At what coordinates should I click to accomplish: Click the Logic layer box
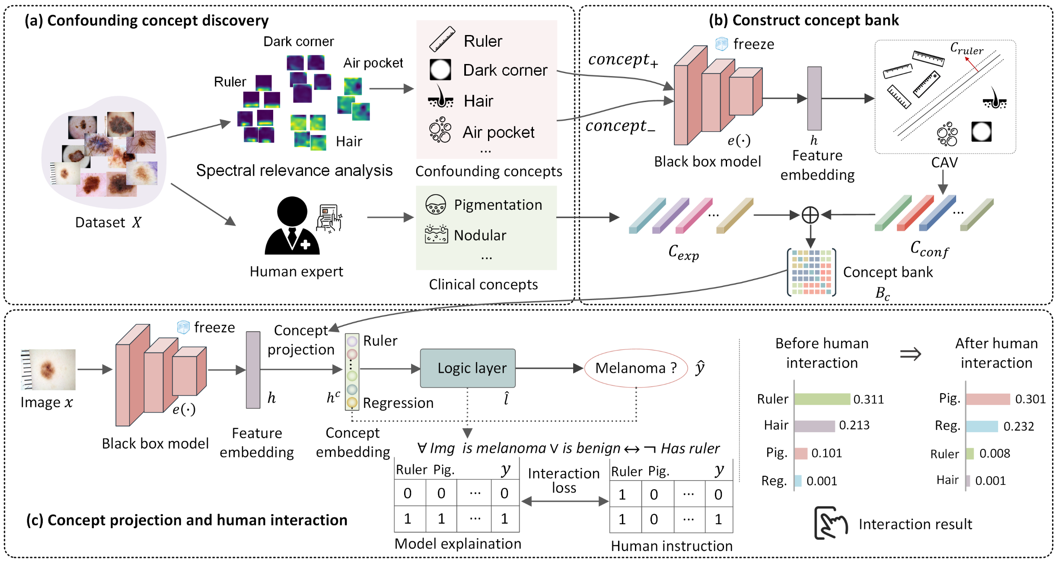[468, 368]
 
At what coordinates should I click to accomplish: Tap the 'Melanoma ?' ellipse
[636, 368]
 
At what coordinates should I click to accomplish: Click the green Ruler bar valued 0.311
[822, 399]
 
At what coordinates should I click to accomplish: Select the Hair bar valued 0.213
[815, 426]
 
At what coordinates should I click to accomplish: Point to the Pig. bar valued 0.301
[988, 399]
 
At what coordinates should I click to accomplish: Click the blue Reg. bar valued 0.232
[982, 426]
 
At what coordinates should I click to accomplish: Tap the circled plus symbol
[810, 215]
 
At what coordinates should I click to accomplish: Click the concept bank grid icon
[811, 272]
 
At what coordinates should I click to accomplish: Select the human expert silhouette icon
[292, 226]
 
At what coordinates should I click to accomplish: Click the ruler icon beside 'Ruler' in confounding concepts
[442, 39]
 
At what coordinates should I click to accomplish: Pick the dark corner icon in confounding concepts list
[440, 70]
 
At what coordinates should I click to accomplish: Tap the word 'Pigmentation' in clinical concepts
[498, 205]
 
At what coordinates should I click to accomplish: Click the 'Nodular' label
[480, 235]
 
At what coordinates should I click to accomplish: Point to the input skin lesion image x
[48, 369]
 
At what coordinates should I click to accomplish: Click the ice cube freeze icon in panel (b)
[721, 44]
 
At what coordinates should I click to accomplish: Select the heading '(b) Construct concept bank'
[804, 20]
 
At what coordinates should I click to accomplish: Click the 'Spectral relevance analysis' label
[294, 170]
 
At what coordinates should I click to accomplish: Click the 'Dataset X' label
[108, 222]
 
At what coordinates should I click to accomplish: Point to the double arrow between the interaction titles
[910, 354]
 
